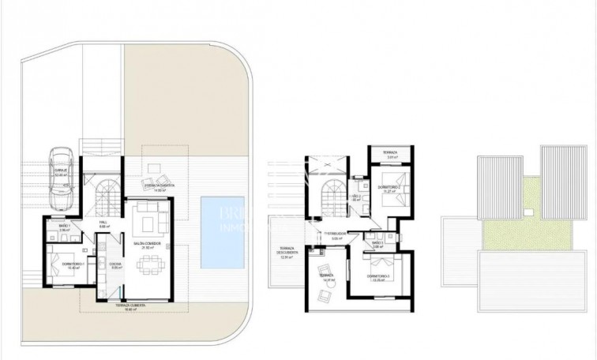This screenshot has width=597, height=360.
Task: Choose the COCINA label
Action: point(114,265)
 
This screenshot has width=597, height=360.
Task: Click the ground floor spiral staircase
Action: point(107,195)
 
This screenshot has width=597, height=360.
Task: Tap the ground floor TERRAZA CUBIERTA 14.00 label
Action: point(163,186)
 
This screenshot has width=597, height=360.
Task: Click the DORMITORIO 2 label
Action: point(388,186)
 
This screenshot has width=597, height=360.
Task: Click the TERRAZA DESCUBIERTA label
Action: point(286,252)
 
